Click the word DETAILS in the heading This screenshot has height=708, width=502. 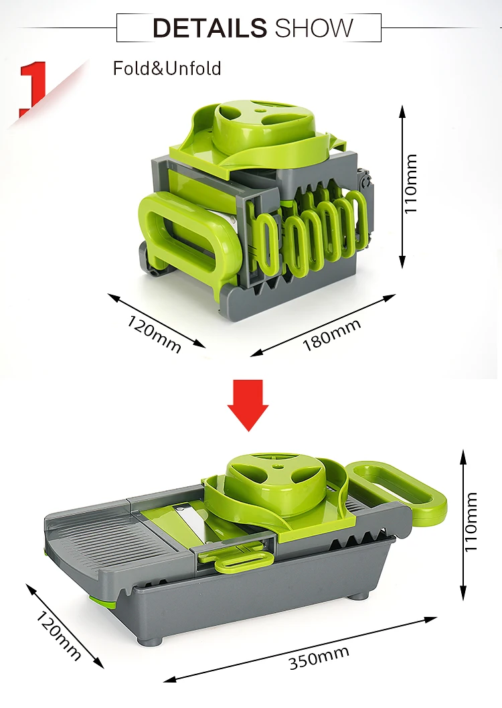(209, 28)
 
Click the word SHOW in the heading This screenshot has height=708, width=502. (313, 28)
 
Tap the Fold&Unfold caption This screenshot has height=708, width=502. (167, 68)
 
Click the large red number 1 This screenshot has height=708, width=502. (33, 87)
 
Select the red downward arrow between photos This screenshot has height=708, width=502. (248, 405)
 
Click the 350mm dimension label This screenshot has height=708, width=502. (319, 659)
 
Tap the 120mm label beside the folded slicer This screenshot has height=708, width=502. (155, 333)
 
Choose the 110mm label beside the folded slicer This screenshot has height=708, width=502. (411, 184)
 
